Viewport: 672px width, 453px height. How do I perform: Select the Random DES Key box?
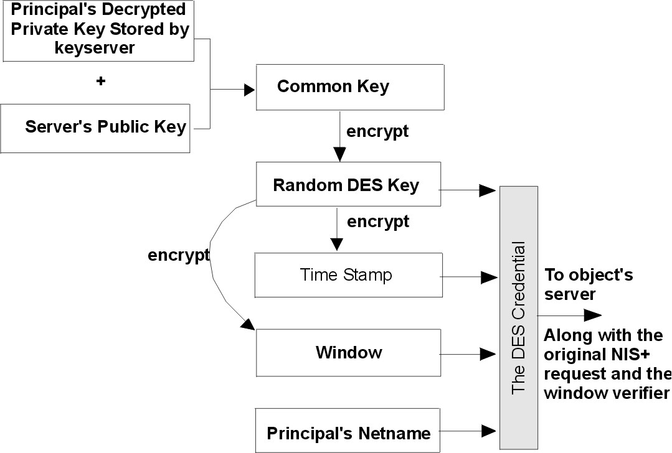[348, 185]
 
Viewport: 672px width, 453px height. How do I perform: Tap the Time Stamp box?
[348, 274]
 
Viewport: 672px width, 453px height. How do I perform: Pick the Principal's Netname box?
[348, 432]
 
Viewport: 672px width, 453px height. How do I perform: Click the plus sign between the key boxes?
[101, 81]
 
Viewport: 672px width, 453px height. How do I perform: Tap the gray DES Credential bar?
[518, 317]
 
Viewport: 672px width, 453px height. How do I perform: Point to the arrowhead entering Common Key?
[249, 90]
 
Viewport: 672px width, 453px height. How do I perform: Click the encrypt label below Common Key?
[377, 131]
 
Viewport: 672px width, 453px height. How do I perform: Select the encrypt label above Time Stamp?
[377, 221]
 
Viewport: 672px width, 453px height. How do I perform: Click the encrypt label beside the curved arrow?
[178, 255]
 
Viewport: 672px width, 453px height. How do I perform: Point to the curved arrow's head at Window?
[248, 325]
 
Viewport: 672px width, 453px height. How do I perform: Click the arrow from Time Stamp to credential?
[467, 274]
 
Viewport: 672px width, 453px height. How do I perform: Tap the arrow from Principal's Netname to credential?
[467, 429]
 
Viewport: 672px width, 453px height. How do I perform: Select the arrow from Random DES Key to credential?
[467, 190]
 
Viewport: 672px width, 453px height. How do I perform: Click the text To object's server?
[589, 284]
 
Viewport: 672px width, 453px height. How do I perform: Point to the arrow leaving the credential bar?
[570, 315]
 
